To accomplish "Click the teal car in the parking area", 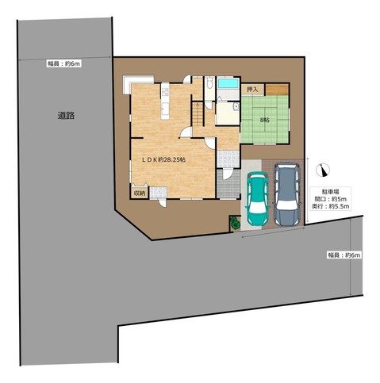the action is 258,198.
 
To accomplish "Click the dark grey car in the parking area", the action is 286,194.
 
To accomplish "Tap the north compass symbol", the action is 323,170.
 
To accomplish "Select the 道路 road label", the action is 66,116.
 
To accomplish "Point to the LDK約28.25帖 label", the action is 164,159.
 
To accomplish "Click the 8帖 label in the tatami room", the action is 265,120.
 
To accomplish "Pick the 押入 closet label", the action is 252,90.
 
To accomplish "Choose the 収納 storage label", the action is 140,193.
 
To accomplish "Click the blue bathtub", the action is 228,83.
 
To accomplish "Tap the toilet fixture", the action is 209,82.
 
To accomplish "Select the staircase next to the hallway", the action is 198,114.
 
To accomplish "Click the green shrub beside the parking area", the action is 235,223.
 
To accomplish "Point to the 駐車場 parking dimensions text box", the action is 331,199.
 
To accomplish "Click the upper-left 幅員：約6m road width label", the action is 63,63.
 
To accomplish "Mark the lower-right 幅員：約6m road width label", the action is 344,255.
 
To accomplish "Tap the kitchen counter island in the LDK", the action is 165,101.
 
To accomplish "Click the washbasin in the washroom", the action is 236,107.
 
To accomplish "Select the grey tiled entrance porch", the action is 228,183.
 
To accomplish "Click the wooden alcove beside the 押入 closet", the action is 277,90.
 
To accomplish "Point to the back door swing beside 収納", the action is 162,203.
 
